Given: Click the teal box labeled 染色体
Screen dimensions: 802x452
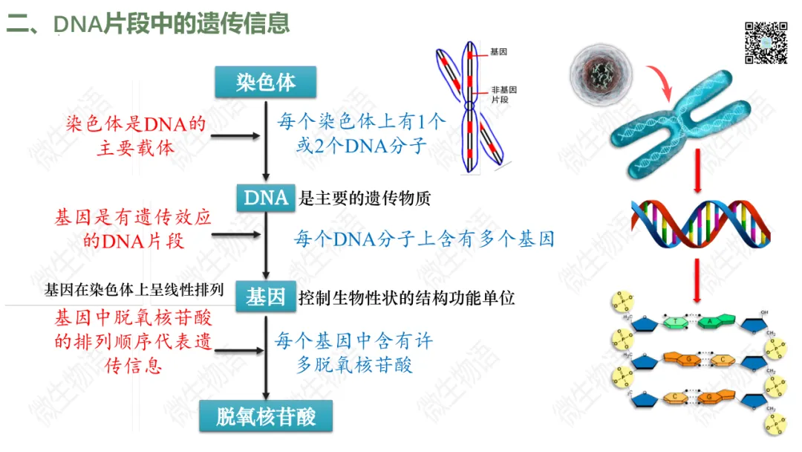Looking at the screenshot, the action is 266,83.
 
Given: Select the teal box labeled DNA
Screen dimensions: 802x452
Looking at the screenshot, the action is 266,198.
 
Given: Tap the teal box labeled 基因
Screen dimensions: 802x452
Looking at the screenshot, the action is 266,297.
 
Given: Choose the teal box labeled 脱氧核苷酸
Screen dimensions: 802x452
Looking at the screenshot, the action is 266,417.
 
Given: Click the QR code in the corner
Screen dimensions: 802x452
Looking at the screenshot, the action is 766,42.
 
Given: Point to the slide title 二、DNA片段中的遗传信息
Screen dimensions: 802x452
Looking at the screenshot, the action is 149,25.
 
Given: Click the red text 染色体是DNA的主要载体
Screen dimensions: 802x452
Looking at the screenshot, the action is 136,135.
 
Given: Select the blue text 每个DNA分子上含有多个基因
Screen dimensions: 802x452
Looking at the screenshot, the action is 424,239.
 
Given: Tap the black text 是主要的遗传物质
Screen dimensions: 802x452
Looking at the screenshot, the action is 365,198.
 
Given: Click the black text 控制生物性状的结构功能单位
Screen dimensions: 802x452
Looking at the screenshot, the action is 406,298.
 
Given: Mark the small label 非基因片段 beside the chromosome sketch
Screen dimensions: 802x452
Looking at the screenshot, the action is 503,94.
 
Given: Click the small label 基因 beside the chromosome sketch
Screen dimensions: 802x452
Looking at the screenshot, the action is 498,53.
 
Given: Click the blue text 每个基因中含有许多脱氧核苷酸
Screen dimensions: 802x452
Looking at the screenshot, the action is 353,352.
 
